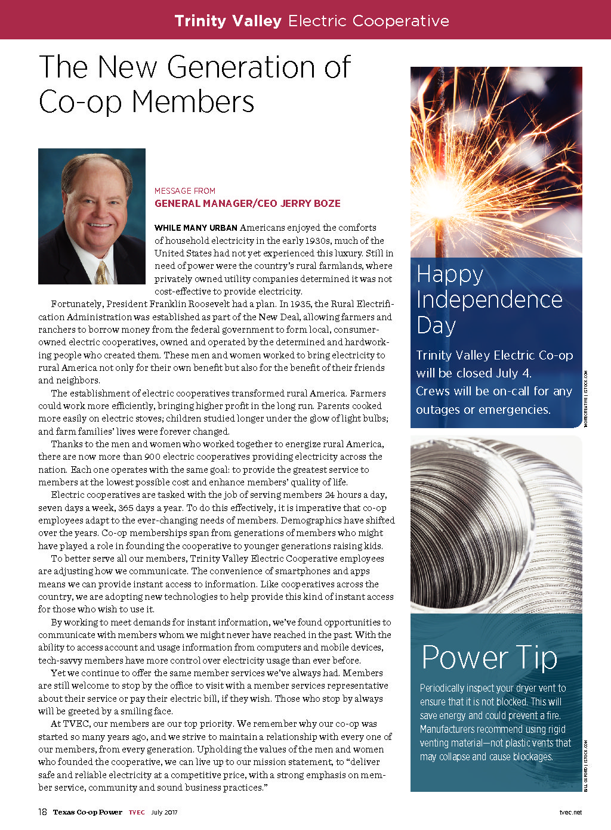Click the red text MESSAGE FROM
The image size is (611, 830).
point(185,191)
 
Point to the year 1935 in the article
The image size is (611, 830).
point(301,304)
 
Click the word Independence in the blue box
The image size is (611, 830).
point(489,299)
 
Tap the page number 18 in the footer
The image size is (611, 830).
point(42,812)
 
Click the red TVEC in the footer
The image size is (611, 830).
point(137,812)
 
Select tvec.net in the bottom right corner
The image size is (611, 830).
point(570,812)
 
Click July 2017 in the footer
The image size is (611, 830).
point(164,812)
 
